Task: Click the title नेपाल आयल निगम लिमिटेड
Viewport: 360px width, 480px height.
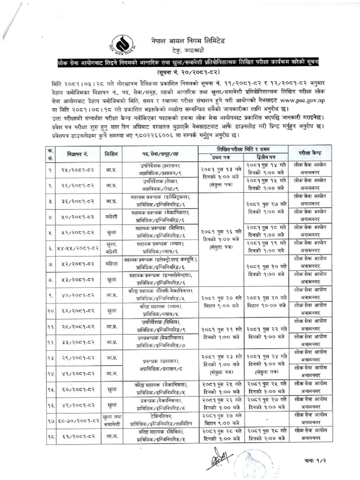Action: (191, 41)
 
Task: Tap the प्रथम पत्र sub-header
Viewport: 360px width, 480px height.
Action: (220, 157)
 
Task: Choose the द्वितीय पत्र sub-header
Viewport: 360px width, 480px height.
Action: (266, 157)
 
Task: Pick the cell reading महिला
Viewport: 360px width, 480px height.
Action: (111, 263)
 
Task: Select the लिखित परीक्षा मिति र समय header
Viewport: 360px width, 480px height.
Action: (243, 149)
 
